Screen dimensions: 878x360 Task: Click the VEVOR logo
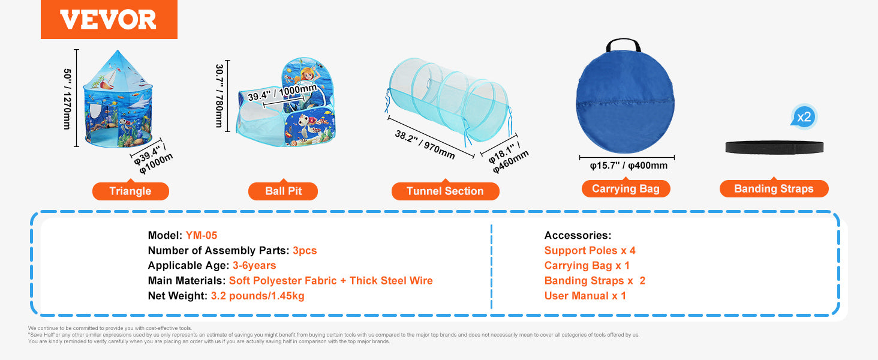tap(109, 19)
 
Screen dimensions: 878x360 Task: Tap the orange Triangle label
tap(131, 191)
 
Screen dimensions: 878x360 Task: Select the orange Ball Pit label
tap(283, 191)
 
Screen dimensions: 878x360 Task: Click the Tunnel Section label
tap(445, 191)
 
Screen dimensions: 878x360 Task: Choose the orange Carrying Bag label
tap(626, 188)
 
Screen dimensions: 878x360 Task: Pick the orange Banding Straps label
tap(774, 188)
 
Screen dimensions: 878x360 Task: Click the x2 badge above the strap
tap(804, 117)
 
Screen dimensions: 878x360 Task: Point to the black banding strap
tap(774, 148)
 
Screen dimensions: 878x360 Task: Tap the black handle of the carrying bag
tap(623, 44)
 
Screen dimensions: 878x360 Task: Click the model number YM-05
tap(201, 235)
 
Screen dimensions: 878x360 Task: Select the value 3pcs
tap(305, 251)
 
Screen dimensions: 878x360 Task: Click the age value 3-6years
tap(254, 265)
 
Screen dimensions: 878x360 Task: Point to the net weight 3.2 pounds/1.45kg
tap(257, 296)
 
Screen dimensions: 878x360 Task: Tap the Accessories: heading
tap(578, 235)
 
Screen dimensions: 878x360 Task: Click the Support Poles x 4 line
tap(590, 251)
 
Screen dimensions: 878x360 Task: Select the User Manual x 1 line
tap(585, 296)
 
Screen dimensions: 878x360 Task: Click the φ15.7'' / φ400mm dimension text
tap(629, 166)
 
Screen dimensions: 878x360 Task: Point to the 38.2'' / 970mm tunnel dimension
tap(425, 145)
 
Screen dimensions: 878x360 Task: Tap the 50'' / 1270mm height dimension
tap(67, 99)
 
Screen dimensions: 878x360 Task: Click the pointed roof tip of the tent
tap(118, 50)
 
